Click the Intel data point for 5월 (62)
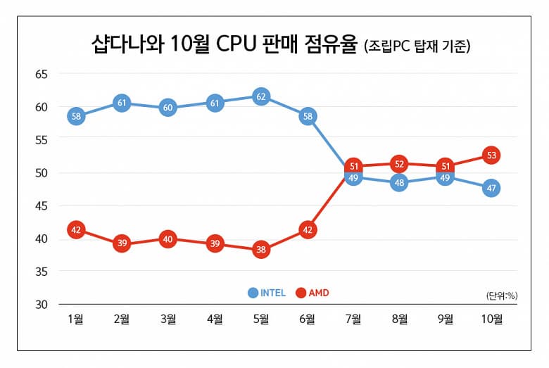(261, 96)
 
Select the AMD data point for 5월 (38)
(261, 250)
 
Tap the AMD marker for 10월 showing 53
(491, 155)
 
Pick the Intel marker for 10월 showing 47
(491, 189)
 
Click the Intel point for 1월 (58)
(77, 115)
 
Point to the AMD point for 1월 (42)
(77, 229)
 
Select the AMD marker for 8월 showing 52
(399, 164)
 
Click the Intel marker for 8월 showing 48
(399, 184)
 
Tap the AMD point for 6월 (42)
(307, 229)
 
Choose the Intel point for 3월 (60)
(169, 108)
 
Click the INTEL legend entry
(266, 293)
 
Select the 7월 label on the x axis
(353, 319)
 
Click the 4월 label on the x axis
(215, 319)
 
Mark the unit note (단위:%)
(501, 296)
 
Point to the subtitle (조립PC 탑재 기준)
(418, 48)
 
